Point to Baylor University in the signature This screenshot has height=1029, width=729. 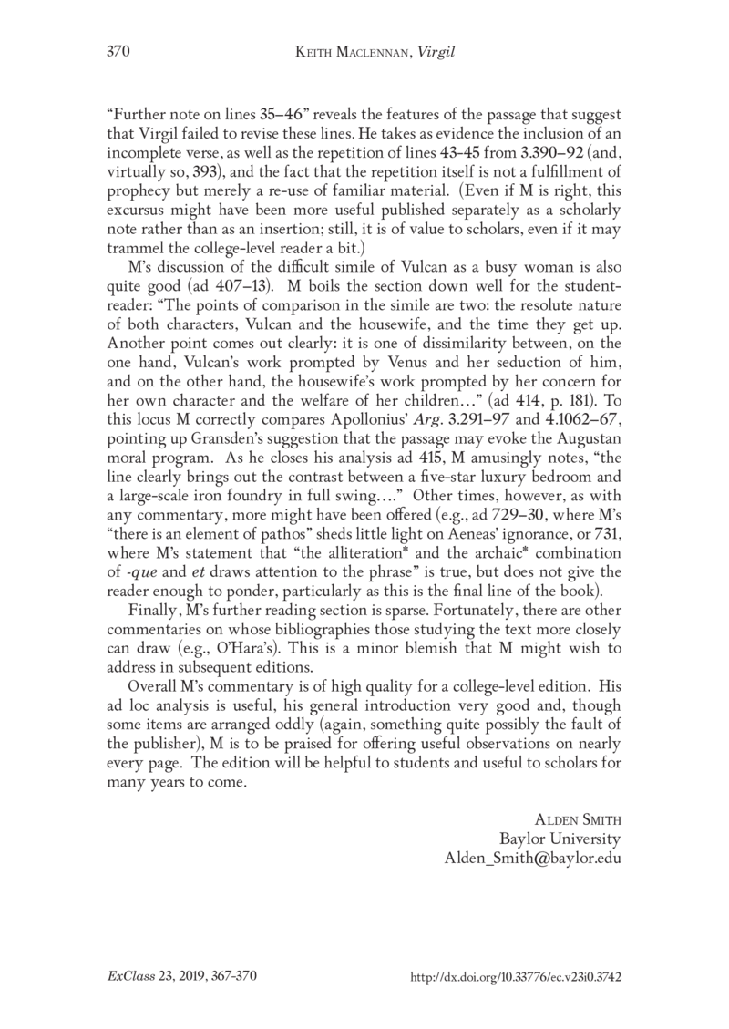560,838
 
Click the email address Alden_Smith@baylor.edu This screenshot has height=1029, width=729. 532,858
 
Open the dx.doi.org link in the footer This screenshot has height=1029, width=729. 517,975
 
